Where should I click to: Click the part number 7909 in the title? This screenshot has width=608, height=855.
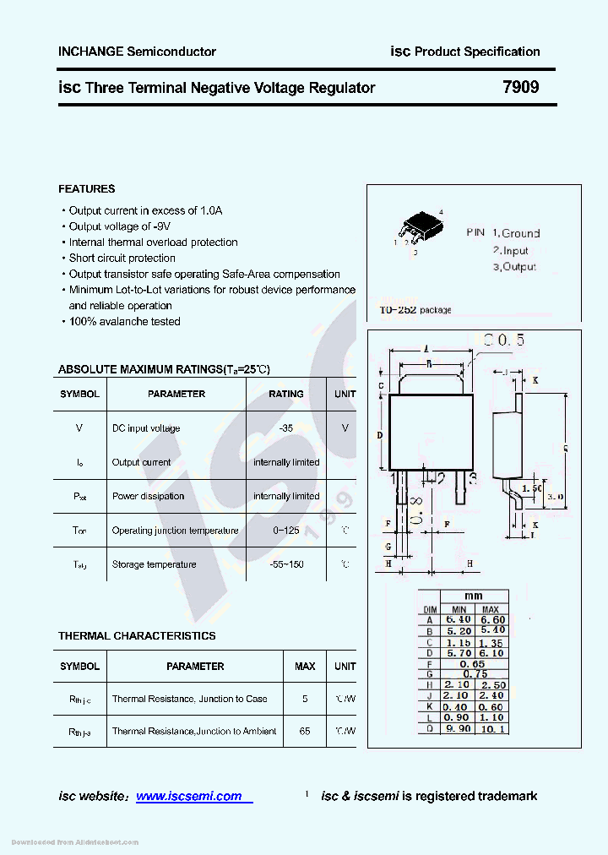coord(520,87)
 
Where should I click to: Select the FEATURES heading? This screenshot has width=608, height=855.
coord(86,188)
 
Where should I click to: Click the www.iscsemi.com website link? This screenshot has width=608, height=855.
coord(189,796)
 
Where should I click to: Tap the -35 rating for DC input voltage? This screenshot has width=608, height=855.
coord(285,428)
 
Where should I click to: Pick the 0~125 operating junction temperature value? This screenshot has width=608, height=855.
coord(285,531)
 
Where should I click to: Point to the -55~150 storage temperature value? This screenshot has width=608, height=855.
coord(285,564)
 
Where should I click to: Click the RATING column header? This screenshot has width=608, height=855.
coord(285,394)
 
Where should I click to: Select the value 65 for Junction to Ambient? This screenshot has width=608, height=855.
coord(305,732)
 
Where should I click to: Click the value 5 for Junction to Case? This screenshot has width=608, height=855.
coord(305,700)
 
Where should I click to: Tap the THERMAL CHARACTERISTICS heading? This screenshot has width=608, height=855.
coord(137,635)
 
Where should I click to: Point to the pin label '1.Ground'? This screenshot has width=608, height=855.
coord(516,233)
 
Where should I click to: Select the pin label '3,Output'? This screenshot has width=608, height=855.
coord(514,267)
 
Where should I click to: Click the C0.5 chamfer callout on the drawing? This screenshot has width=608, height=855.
coord(503,340)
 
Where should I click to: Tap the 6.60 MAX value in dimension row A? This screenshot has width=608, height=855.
coord(491,620)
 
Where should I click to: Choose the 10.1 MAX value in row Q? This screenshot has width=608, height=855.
coord(491,728)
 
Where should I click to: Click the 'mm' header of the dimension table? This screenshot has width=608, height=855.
coord(474,596)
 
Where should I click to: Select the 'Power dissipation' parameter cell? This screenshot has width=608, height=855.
coord(148,496)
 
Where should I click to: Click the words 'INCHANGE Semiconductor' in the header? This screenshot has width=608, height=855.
coord(137,52)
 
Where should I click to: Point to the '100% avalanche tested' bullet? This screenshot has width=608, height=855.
coord(123,321)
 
